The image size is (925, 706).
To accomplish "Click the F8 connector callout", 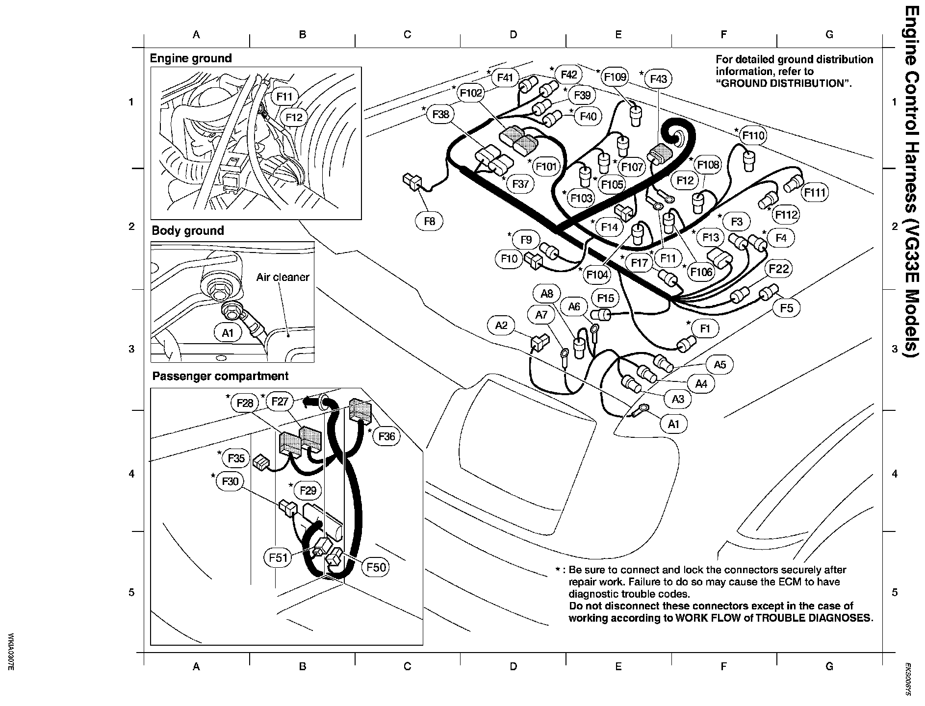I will coord(429,222).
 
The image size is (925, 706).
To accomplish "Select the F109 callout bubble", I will coord(615,77).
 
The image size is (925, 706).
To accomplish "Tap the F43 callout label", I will coord(658,79).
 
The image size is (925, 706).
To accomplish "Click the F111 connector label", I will coord(815,193).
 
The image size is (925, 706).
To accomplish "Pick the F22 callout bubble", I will coord(779,269).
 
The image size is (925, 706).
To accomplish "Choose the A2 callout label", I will coord(501,325).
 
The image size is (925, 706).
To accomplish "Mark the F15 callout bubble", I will coord(606,298).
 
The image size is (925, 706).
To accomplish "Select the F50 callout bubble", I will coord(376,568).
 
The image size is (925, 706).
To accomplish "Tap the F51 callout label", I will coord(278,557).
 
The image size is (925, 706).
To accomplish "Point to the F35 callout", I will coord(236,458).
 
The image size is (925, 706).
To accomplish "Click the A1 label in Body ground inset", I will coord(228,333).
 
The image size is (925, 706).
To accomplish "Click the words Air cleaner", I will coord(283,277).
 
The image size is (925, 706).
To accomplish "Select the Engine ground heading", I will coord(191,58).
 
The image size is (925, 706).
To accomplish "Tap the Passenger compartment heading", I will coord(220,376).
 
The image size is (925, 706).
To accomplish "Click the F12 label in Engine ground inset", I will coord(294,117).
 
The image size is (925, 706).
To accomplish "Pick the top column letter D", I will coord(513,34).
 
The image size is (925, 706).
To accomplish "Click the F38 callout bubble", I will coord(440,115).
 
